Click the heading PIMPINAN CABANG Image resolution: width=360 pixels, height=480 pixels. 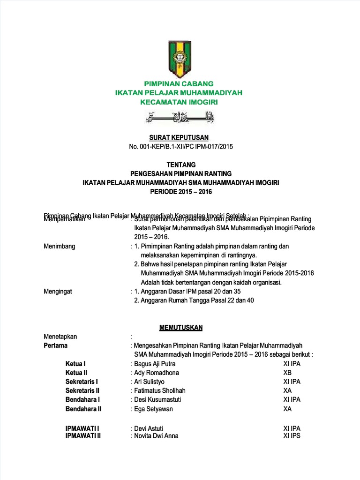point(179,84)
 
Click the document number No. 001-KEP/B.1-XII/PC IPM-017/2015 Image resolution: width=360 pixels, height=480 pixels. point(180,146)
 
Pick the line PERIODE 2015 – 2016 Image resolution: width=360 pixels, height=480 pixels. point(180,192)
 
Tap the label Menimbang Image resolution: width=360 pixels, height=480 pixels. point(59,246)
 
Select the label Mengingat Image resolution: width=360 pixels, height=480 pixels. point(58,292)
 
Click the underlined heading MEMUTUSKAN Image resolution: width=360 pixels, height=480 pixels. point(180,327)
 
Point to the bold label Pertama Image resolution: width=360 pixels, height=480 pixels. point(55,345)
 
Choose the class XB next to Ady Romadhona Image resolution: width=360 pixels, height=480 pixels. point(287,373)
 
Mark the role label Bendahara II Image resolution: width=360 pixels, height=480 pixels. point(83,409)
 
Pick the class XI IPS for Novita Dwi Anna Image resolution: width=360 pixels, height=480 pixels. point(292,435)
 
